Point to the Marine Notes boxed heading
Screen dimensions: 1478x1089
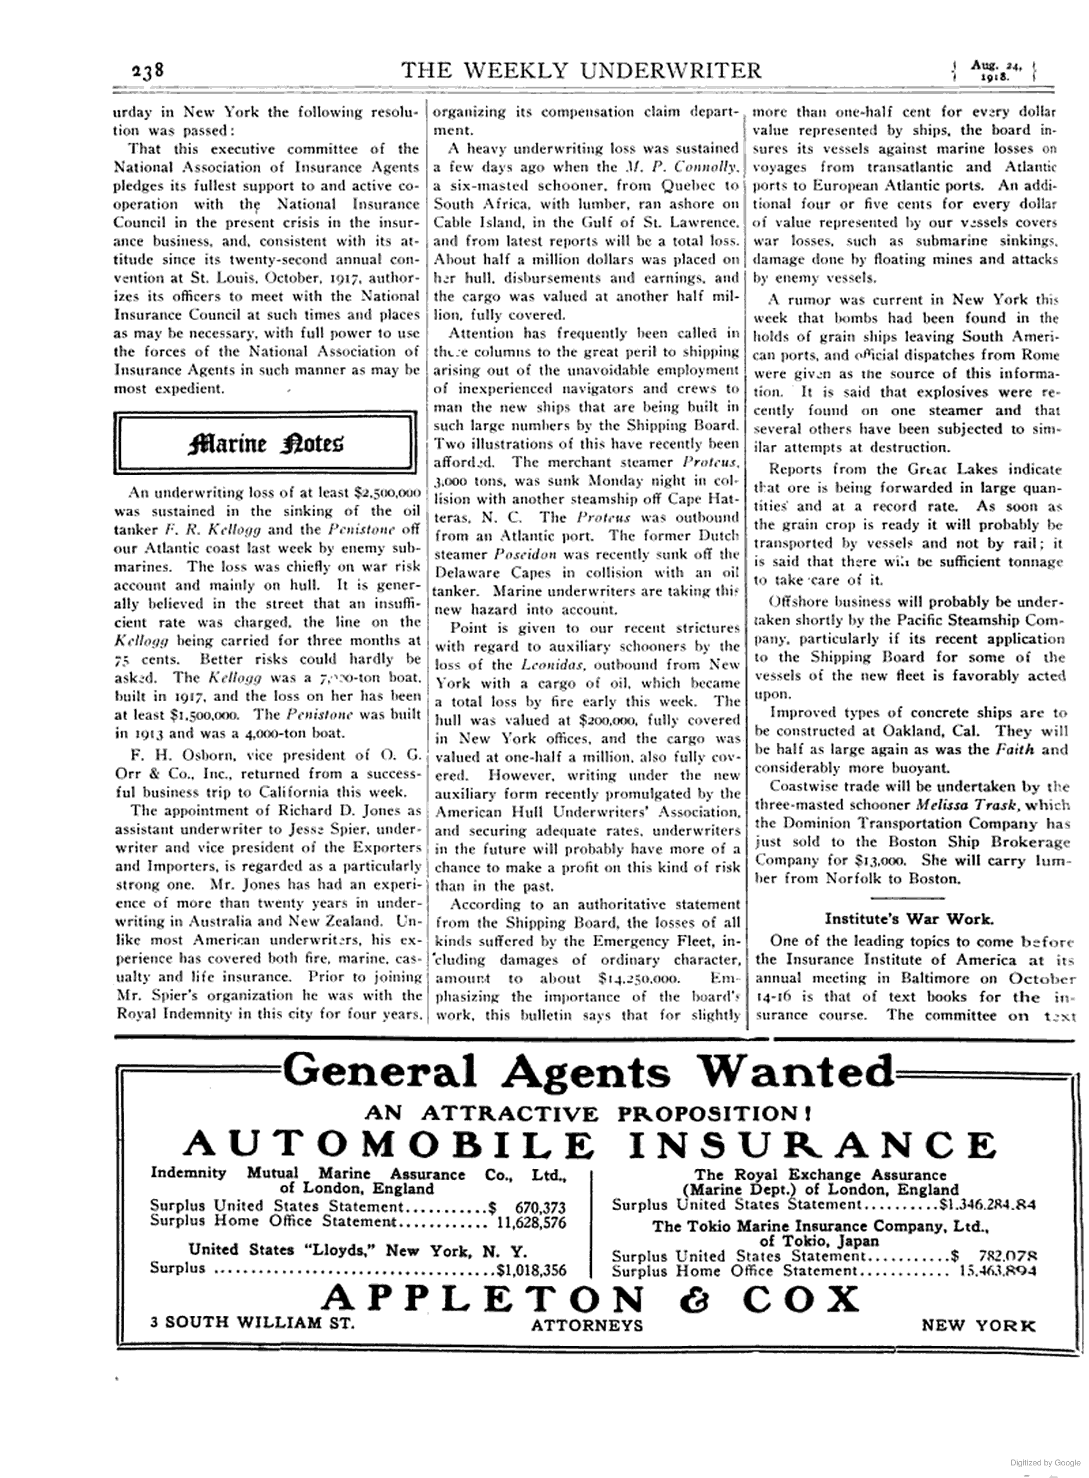tap(265, 443)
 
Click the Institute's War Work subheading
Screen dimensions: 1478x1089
tap(909, 918)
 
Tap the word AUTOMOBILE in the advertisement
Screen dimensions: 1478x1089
tap(388, 1145)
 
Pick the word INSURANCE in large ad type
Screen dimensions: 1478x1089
tap(811, 1145)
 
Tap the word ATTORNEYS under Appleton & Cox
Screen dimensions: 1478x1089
tap(586, 1325)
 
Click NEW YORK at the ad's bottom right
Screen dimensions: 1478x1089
tap(978, 1325)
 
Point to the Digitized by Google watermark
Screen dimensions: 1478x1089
tap(1045, 1462)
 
